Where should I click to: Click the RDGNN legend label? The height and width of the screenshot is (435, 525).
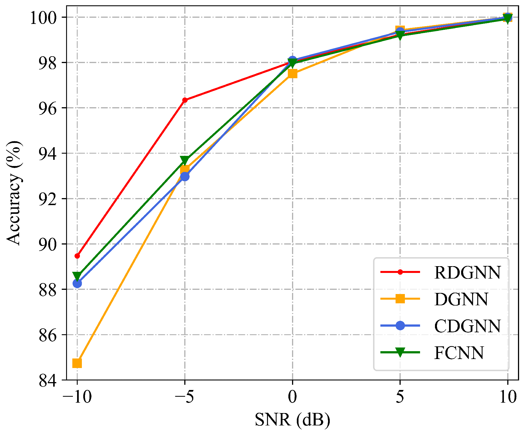click(467, 272)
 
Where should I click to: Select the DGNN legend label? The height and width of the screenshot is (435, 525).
click(461, 299)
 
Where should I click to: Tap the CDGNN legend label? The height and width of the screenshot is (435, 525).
click(467, 326)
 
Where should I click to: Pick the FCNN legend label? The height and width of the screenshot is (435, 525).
click(459, 353)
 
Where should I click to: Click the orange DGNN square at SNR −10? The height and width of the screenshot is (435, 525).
click(77, 363)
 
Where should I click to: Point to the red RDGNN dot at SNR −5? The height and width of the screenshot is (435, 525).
click(185, 100)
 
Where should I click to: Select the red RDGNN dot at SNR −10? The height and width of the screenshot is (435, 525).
click(77, 256)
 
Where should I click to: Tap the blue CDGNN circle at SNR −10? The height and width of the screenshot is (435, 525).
click(77, 283)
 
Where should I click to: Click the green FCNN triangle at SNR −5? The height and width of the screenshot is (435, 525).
click(185, 160)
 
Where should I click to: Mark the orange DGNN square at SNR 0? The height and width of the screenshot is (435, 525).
click(293, 74)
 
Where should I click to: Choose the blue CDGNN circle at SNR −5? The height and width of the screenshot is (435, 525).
click(185, 176)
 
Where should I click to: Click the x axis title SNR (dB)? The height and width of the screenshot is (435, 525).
click(293, 420)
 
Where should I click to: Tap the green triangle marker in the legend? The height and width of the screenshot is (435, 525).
click(400, 352)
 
